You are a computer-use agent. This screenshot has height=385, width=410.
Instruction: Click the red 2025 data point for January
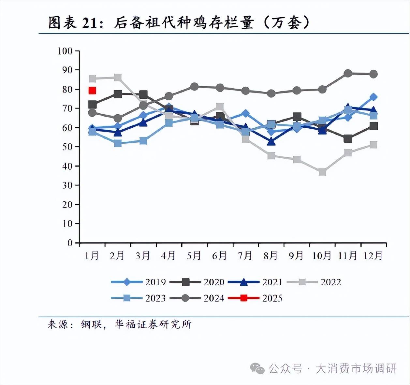coord(92,91)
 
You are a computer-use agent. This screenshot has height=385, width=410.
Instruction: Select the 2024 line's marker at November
coord(348,73)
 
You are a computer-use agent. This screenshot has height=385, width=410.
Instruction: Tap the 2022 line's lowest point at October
coord(322,172)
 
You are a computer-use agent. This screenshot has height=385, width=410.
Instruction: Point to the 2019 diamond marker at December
coord(373,97)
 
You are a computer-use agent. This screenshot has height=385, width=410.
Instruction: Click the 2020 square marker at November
coord(348,139)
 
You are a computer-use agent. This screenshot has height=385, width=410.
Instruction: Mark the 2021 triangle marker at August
coord(271,142)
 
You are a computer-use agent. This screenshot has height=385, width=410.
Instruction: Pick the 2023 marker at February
coord(118,143)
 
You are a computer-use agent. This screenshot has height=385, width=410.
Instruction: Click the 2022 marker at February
coord(118,78)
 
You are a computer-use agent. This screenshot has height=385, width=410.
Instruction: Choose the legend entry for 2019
coord(139,282)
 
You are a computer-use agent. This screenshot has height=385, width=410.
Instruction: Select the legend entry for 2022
coord(314,282)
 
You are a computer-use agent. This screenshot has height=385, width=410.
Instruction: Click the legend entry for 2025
coord(255,298)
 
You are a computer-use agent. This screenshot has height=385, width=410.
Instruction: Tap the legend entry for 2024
coord(197,298)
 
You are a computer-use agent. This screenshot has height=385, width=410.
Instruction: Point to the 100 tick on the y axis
coord(65,51)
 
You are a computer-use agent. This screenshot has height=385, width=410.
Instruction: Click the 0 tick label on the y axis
coord(70,243)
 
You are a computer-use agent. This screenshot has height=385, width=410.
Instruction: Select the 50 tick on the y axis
coord(67,147)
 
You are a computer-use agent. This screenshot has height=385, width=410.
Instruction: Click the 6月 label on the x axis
coord(219,256)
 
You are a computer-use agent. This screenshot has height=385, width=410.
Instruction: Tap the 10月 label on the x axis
coord(322,256)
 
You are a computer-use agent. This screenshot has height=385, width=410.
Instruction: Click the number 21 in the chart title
coord(89,23)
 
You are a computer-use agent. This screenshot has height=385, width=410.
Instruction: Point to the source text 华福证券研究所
coord(153,324)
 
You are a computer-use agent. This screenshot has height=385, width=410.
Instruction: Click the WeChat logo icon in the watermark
coord(257,369)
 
